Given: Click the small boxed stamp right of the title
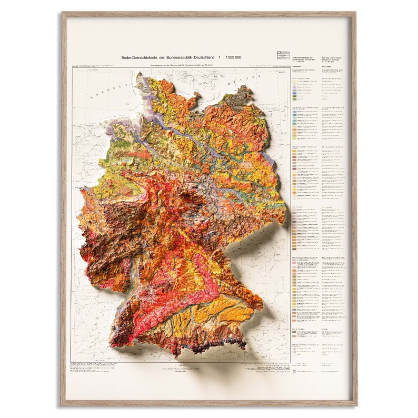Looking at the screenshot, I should click(282, 55).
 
